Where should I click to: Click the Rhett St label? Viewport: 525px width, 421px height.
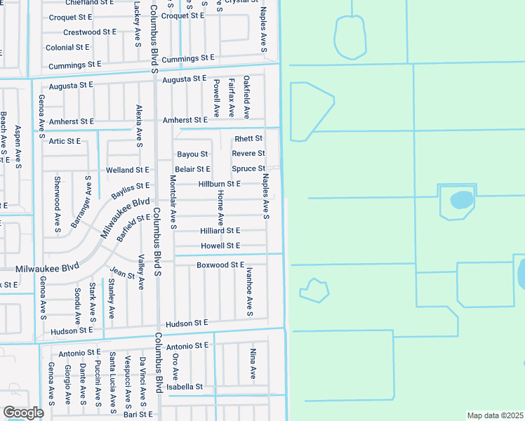pyautogui.click(x=248, y=139)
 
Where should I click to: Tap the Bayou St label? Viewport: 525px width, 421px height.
pyautogui.click(x=192, y=154)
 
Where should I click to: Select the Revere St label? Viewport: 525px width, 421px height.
pyautogui.click(x=248, y=154)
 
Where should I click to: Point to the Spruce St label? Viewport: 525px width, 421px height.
pyautogui.click(x=248, y=169)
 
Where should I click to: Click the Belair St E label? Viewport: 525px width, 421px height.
pyautogui.click(x=192, y=169)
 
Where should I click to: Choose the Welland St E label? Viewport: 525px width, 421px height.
pyautogui.click(x=128, y=170)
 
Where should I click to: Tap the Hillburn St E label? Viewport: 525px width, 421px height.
pyautogui.click(x=220, y=184)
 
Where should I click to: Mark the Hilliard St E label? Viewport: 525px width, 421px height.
pyautogui.click(x=220, y=231)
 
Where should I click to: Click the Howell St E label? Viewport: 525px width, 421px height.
pyautogui.click(x=220, y=246)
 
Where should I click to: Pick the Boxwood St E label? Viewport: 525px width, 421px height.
pyautogui.click(x=220, y=265)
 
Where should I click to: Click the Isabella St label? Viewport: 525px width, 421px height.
pyautogui.click(x=185, y=387)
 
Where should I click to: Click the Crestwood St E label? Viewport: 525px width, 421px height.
pyautogui.click(x=91, y=32)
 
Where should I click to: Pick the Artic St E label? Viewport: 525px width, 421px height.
pyautogui.click(x=65, y=141)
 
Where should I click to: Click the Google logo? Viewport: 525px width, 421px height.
pyautogui.click(x=23, y=413)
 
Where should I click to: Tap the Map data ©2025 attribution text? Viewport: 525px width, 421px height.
pyautogui.click(x=496, y=415)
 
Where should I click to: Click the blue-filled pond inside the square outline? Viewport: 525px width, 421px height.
pyautogui.click(x=460, y=200)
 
